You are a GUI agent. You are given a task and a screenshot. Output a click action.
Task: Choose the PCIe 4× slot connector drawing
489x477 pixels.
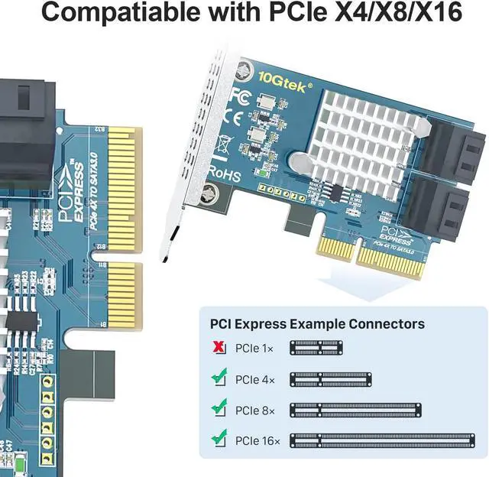[x=330, y=378]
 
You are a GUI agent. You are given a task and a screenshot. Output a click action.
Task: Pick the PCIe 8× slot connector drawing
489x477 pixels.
[x=354, y=409]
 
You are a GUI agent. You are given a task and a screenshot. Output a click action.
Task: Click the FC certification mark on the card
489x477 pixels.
[x=238, y=99]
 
